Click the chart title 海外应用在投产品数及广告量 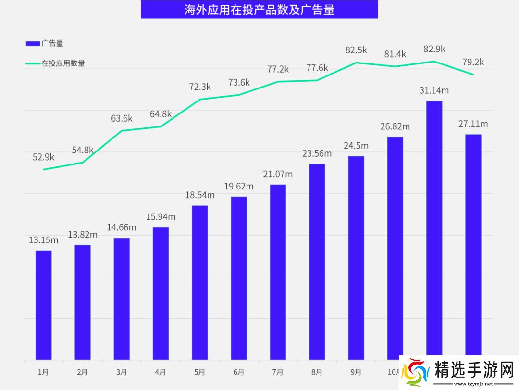259,10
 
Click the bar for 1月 43,305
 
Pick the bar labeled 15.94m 161,293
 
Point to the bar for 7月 278,272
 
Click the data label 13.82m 83,235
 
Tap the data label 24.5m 356,146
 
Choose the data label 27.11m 473,124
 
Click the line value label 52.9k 43,157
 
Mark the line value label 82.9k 434,49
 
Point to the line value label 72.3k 200,87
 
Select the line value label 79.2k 473,62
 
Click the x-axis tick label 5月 200,372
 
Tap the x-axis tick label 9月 356,372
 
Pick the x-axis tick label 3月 122,372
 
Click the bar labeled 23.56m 317,262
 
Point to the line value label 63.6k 122,118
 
